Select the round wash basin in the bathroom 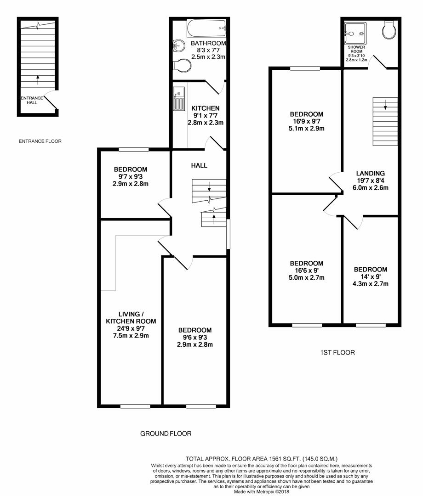178,46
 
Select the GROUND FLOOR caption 165,434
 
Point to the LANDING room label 370,173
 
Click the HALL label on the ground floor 200,165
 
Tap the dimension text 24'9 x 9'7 131,328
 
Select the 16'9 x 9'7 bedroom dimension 306,121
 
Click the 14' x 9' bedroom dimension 370,276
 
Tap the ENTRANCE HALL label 32,100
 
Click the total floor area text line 262,458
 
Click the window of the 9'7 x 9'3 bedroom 134,149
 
